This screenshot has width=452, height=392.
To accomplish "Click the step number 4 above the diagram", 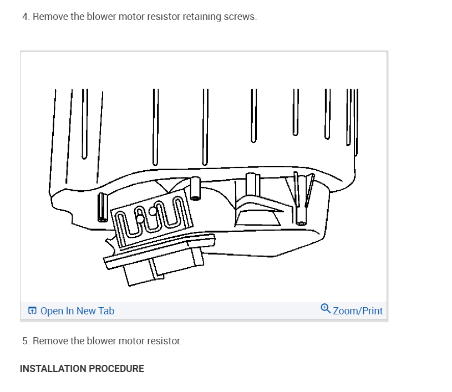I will pos(25,17).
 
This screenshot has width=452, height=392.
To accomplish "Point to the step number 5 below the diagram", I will pos(25,340).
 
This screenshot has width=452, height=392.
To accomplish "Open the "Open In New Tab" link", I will pos(77,311).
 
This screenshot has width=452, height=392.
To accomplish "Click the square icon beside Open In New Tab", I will pos(32,311).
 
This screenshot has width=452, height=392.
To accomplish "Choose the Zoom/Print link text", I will pos(358,311).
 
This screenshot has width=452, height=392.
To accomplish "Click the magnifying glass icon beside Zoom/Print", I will pos(326,309).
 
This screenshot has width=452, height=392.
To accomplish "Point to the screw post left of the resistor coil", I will pos(103,208).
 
